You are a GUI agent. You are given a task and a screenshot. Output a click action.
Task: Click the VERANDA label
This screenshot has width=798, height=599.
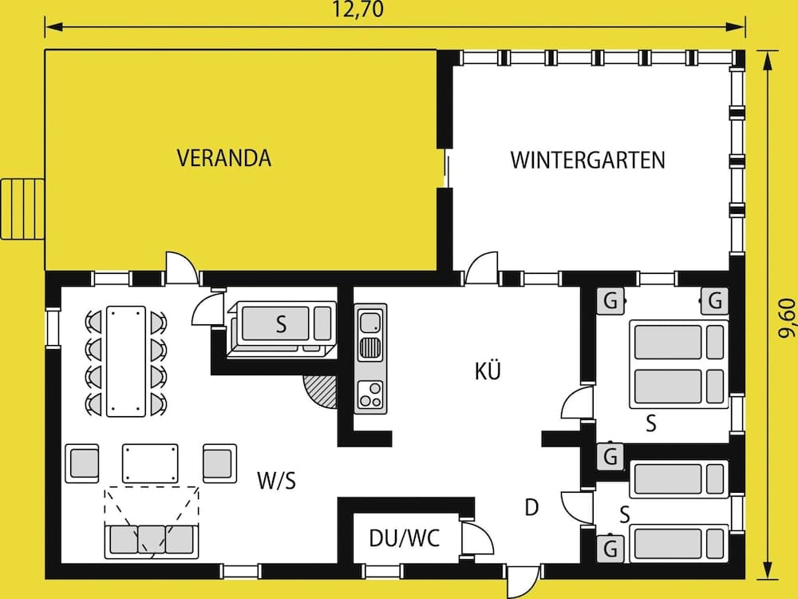pyautogui.click(x=223, y=158)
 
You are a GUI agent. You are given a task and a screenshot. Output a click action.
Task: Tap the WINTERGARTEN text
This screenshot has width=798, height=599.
pyautogui.click(x=587, y=160)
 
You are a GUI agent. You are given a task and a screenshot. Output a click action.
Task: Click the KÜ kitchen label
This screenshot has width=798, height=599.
pyautogui.click(x=487, y=371)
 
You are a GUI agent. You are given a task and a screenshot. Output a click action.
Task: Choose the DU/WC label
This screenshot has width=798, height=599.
pyautogui.click(x=404, y=538)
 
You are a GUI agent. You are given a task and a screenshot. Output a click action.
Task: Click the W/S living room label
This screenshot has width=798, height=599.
pyautogui.click(x=277, y=480)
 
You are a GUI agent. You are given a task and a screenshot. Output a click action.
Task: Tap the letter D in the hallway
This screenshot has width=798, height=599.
pyautogui.click(x=531, y=507)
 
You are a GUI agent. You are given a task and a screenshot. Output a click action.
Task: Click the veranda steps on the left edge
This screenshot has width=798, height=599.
pyautogui.click(x=22, y=208)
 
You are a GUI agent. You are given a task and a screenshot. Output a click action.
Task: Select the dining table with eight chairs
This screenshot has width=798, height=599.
pyautogui.click(x=127, y=361)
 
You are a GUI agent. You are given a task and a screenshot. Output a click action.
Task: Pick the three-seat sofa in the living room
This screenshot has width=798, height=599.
pyautogui.click(x=149, y=541)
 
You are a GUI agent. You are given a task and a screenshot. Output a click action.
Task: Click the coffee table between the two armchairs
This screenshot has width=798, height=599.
pyautogui.click(x=150, y=463)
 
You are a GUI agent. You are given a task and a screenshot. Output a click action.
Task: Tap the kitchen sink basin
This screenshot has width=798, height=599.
pyautogui.click(x=369, y=323)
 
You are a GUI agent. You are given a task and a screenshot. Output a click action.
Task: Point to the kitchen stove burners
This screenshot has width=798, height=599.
pyautogui.click(x=369, y=394)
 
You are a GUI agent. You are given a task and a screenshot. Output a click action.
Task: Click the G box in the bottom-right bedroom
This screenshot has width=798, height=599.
pyautogui.click(x=611, y=549)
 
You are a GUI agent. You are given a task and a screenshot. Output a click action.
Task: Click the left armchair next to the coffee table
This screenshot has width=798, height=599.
pyautogui.click(x=81, y=463)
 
